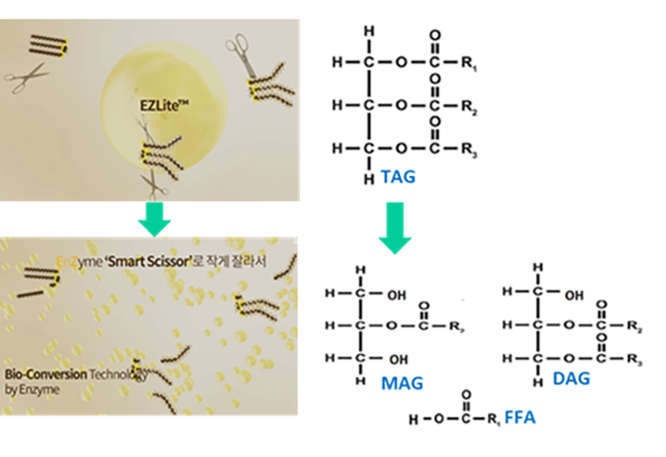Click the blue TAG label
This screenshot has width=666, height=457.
(x=398, y=177)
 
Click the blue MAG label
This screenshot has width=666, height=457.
(x=402, y=383)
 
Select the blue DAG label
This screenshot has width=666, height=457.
(x=571, y=379)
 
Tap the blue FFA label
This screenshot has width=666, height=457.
(x=519, y=418)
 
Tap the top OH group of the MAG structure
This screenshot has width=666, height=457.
(x=398, y=294)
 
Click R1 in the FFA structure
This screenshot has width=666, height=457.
(x=494, y=420)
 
